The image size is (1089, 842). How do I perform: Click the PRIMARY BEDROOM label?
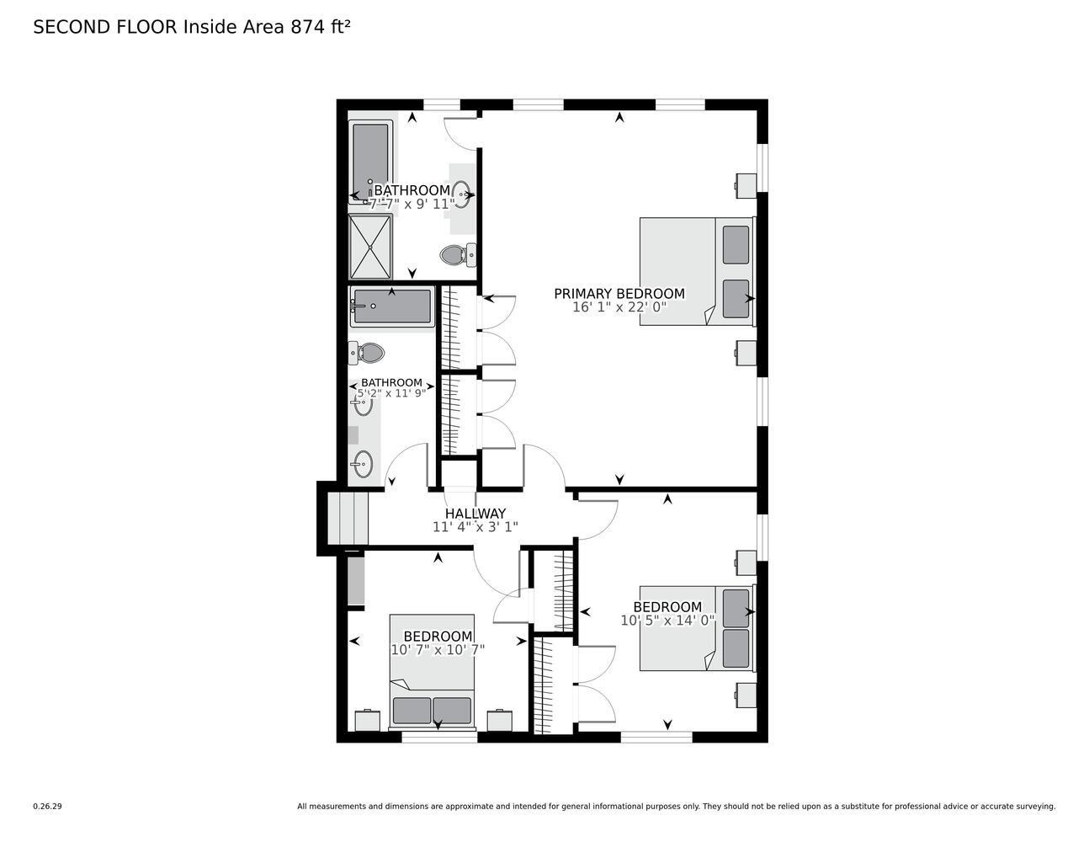pos(619,294)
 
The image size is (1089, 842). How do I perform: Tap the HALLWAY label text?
pos(475,514)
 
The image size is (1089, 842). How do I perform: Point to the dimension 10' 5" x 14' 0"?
pos(667,621)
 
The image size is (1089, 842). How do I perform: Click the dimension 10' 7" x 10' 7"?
pos(438,650)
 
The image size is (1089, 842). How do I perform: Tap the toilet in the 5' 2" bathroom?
pos(367,353)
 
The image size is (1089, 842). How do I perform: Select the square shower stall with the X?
pos(370,246)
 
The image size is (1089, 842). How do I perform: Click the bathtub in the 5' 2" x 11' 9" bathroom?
pos(391,307)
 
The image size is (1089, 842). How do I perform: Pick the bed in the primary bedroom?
pos(696,271)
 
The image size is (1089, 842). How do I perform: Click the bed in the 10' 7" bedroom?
pos(432,670)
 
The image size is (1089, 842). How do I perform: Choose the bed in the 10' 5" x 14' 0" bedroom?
pos(696,628)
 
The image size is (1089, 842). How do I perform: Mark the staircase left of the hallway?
pos(348,520)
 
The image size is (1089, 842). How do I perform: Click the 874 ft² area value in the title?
pos(320,27)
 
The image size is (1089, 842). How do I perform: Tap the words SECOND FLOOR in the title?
pos(105,27)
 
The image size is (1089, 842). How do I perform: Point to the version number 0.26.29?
pos(47,807)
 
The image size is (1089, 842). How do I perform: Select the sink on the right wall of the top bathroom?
pos(461,194)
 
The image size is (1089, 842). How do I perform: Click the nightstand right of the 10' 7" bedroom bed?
pos(500,720)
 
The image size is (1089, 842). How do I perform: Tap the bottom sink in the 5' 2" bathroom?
pos(363,463)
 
